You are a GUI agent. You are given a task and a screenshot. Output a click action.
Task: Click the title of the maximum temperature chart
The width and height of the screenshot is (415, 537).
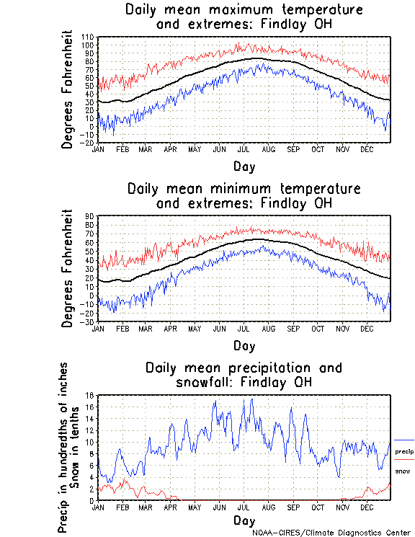pos(244,17)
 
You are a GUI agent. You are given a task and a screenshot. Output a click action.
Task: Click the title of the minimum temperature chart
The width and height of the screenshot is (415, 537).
pos(244,196)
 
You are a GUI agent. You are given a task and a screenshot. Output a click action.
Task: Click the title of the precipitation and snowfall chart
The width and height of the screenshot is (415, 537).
pos(244,375)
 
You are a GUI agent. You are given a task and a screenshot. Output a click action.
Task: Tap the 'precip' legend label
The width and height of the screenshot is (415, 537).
pos(404,451)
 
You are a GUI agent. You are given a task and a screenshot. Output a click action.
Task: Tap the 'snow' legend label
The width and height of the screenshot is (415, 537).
pos(403,471)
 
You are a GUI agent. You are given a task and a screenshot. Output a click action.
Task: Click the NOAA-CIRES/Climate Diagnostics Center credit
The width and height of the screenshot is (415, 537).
pos(331,533)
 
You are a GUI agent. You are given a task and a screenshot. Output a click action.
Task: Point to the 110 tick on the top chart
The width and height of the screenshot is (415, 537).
pos(88,37)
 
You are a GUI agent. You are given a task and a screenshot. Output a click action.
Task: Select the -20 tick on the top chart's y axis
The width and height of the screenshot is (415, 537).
pos(88,143)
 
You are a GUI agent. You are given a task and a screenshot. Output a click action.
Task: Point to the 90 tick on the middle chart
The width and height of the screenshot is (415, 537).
pos(89,216)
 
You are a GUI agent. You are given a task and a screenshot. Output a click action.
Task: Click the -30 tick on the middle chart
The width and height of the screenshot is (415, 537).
pos(88,321)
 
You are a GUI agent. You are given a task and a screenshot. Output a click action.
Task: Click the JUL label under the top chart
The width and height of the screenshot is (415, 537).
pos(244,149)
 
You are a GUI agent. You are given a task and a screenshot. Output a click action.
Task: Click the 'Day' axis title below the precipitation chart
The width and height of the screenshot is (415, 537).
pos(244,520)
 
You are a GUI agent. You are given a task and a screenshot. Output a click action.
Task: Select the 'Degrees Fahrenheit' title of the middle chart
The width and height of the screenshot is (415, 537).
pos(68,268)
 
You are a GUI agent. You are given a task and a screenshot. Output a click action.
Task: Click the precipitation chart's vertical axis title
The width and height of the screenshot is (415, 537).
pos(68,447)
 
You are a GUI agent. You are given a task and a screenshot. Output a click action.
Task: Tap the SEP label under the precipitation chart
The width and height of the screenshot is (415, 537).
pos(293,507)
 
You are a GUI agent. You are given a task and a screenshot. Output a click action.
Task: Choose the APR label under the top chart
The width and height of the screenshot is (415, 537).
pos(170,149)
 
